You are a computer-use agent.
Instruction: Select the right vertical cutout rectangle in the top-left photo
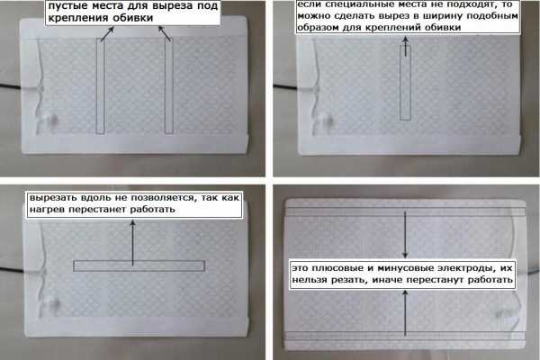click(169, 85)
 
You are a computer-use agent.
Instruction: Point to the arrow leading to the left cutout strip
click(107, 34)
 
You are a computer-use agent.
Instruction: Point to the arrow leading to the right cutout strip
click(165, 34)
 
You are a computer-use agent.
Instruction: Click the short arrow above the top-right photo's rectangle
click(405, 46)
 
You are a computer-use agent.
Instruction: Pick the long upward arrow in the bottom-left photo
click(132, 243)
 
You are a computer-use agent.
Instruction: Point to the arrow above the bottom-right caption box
click(405, 235)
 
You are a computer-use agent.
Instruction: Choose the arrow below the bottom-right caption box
click(405, 313)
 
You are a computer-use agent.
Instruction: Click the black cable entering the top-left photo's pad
click(11, 86)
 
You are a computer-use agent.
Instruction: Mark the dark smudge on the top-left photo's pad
click(53, 121)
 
